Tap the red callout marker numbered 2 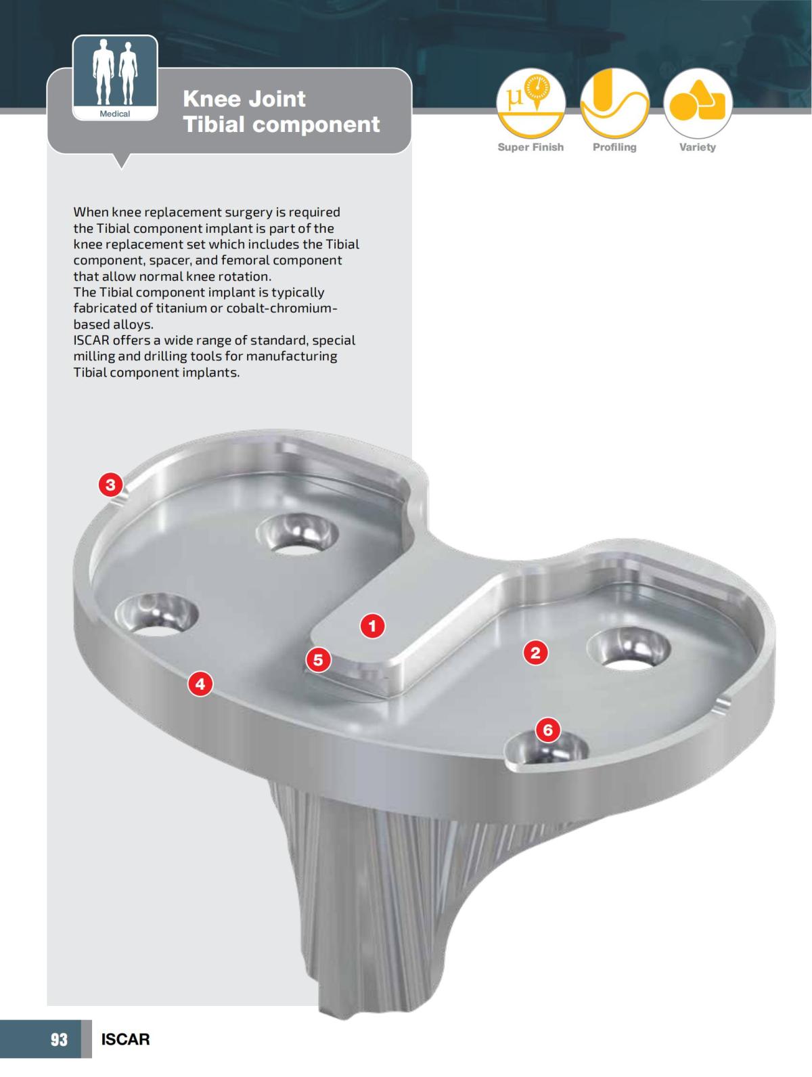pyautogui.click(x=535, y=653)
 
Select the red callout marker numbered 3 pyautogui.click(x=111, y=485)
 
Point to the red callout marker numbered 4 pyautogui.click(x=200, y=684)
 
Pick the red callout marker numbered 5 pyautogui.click(x=318, y=659)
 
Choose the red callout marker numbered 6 pyautogui.click(x=548, y=730)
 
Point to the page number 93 pyautogui.click(x=60, y=1039)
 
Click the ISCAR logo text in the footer pyautogui.click(x=125, y=1039)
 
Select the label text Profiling pyautogui.click(x=614, y=147)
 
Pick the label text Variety pyautogui.click(x=698, y=147)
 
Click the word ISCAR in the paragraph pyautogui.click(x=91, y=340)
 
